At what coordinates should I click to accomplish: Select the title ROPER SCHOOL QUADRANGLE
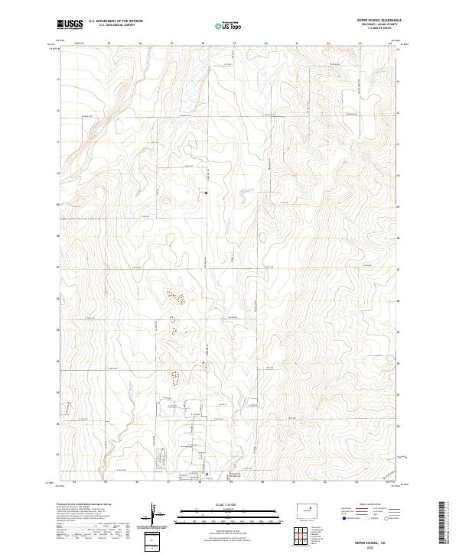click(x=379, y=21)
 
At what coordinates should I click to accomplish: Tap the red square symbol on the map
click(x=206, y=192)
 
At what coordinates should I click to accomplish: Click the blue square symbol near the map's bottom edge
click(x=207, y=474)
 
